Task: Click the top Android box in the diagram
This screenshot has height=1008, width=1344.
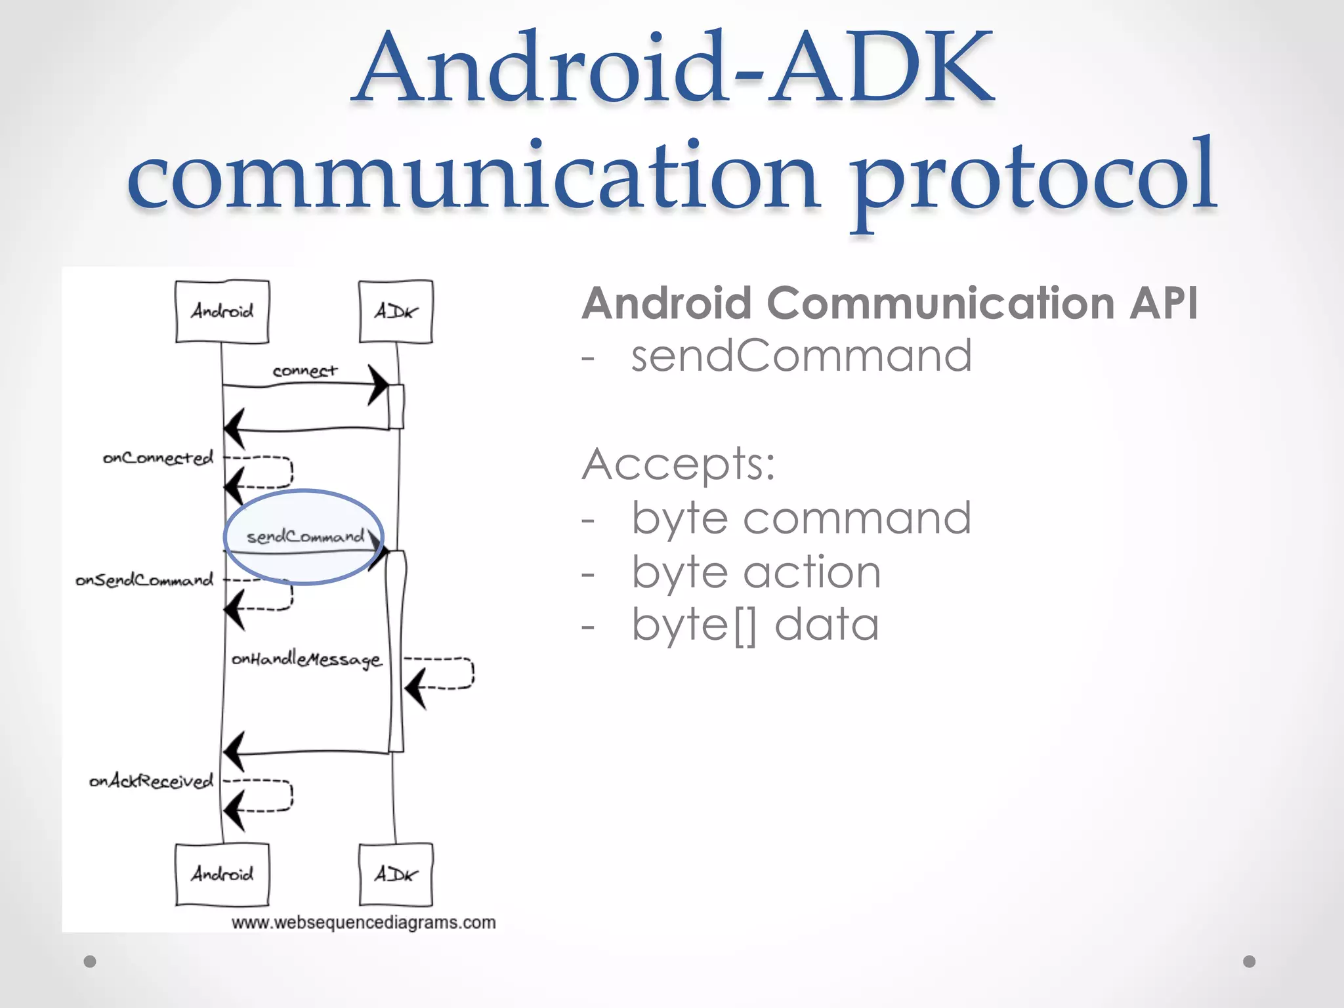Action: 222,311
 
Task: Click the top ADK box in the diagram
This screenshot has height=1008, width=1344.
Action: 396,311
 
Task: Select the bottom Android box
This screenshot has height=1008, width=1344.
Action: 222,874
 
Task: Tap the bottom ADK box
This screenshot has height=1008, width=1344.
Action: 396,874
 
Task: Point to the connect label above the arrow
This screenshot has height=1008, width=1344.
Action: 304,371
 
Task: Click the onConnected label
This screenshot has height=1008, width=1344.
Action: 158,457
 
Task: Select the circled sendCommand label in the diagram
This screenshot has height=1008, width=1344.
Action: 305,537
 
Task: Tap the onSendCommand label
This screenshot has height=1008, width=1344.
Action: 144,580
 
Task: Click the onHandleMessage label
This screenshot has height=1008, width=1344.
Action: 306,659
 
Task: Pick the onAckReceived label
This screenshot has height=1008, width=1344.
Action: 152,781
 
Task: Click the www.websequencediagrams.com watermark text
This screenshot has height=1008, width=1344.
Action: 364,923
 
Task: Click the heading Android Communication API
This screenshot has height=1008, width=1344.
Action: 890,303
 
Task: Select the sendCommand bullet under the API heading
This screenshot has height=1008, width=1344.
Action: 801,356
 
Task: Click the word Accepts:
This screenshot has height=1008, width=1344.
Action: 679,464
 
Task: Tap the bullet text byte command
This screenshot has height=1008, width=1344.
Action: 801,518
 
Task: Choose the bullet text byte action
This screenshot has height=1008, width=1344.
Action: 756,572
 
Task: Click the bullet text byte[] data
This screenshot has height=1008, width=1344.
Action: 755,625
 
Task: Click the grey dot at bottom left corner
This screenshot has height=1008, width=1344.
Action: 91,961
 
